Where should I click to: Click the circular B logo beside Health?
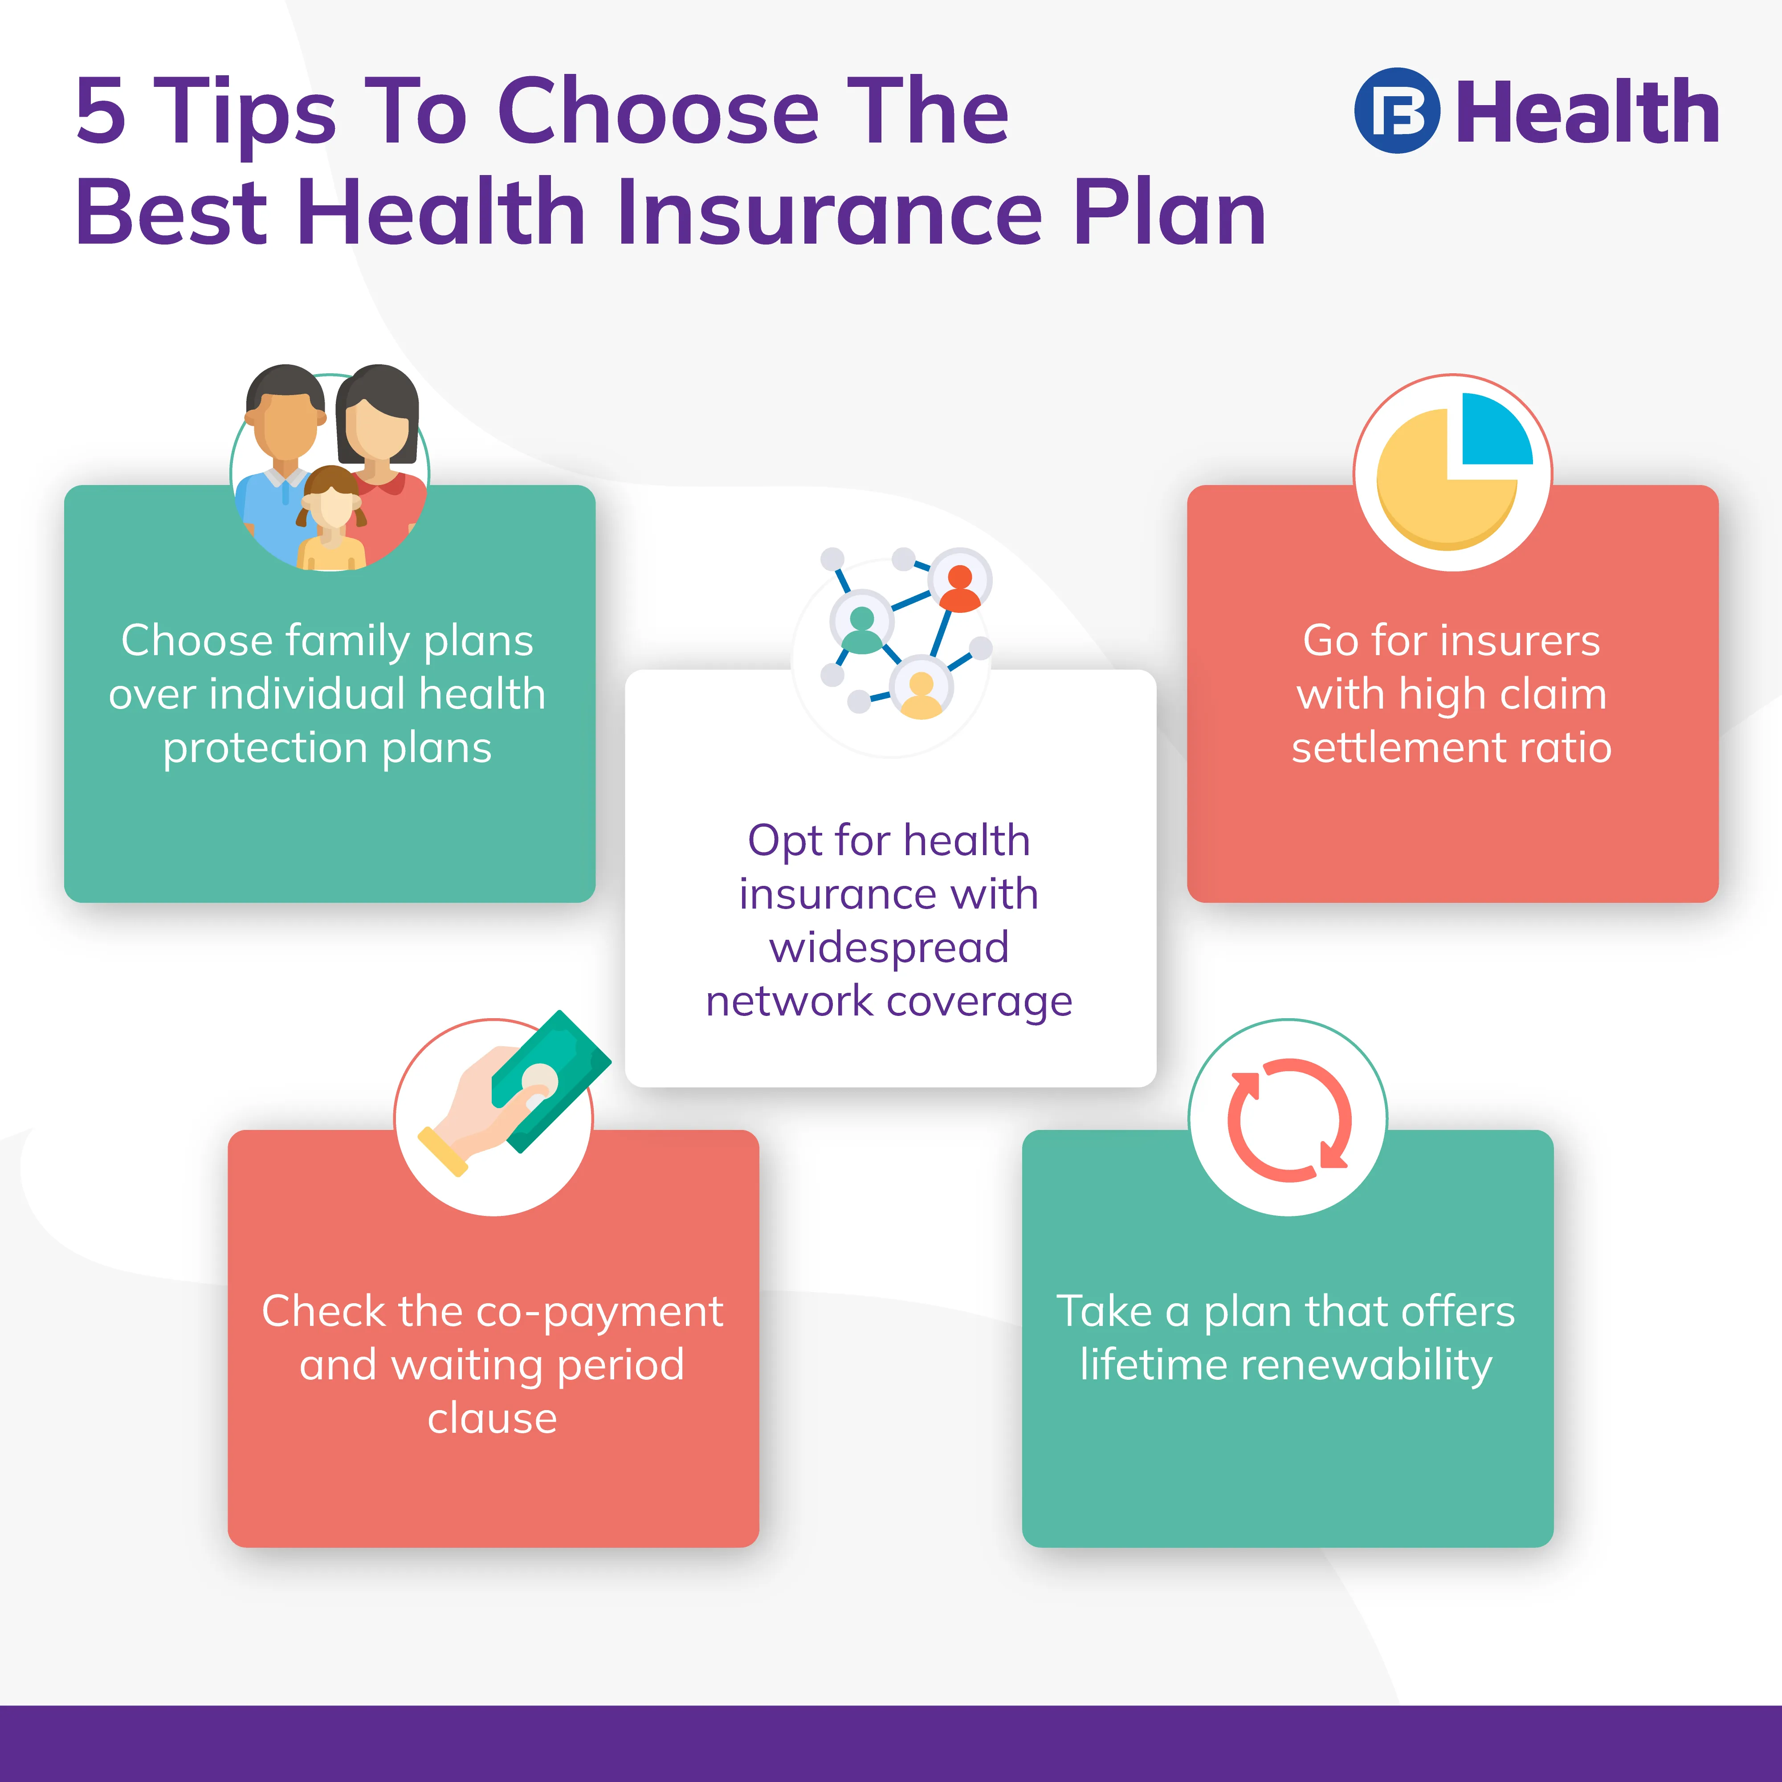click(x=1396, y=111)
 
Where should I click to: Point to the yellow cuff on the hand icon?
click(x=443, y=1151)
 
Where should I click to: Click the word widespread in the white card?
click(x=889, y=947)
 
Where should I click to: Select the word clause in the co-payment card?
click(x=493, y=1418)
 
